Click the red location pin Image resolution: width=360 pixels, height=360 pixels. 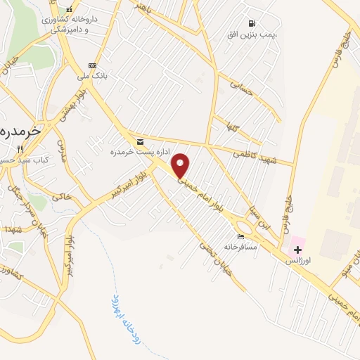coord(181,165)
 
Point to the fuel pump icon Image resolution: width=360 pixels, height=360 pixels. coord(252,23)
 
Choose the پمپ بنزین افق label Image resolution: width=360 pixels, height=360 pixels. coord(252,34)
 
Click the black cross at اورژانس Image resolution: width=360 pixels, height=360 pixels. coord(297,250)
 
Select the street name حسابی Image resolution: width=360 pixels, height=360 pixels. coord(241,89)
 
